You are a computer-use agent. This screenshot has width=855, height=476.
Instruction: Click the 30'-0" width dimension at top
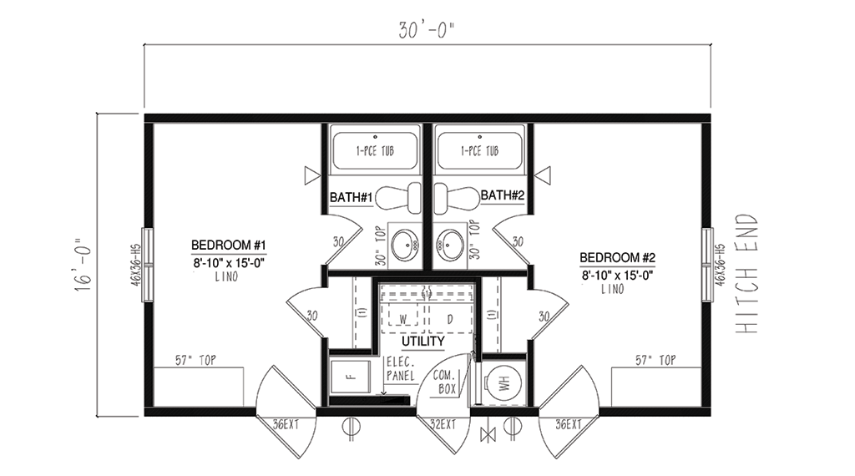click(x=426, y=30)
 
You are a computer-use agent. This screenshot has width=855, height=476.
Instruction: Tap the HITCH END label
click(x=747, y=273)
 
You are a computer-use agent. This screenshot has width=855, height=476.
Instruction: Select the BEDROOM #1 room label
click(x=229, y=245)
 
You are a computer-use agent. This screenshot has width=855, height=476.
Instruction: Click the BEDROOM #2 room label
click(x=617, y=257)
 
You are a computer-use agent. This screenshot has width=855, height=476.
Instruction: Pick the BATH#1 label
click(x=352, y=197)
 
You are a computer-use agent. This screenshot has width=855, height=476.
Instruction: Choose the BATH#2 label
click(x=502, y=195)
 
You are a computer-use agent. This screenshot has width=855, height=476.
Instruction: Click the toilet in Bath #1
click(x=398, y=197)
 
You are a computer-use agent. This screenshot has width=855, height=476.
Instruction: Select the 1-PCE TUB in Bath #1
click(x=375, y=150)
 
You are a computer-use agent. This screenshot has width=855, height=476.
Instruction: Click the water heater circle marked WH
click(x=503, y=382)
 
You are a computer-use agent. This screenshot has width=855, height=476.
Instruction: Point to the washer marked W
click(x=403, y=318)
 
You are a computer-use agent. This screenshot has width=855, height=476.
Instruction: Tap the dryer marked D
click(x=450, y=319)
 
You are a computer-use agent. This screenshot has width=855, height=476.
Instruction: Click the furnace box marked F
click(x=351, y=376)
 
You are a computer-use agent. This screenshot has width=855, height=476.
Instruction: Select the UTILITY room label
click(x=423, y=342)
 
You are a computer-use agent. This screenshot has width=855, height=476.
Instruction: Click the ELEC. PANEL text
click(x=401, y=368)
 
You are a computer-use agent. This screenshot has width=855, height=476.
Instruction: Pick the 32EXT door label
click(x=443, y=423)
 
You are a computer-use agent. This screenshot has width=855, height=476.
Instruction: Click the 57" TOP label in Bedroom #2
click(x=655, y=360)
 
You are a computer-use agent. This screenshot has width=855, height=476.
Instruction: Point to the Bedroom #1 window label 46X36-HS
click(x=136, y=264)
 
